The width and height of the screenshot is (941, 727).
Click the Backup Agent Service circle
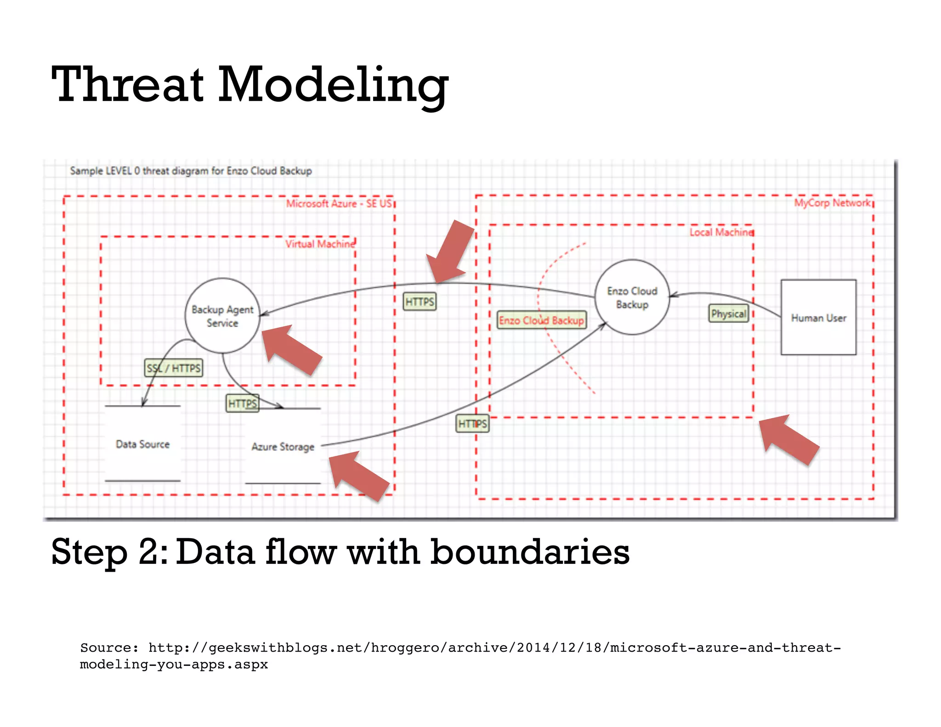[222, 316]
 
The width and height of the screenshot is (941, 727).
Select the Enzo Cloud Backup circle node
[632, 297]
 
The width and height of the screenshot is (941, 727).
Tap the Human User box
[818, 318]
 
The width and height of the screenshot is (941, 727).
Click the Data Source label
[142, 444]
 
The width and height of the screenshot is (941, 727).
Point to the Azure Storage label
[283, 447]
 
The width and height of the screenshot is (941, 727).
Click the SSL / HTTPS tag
[174, 368]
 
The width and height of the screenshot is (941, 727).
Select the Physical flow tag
[728, 314]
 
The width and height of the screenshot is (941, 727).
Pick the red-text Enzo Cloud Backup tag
[542, 320]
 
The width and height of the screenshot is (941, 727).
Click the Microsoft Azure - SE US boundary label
[339, 204]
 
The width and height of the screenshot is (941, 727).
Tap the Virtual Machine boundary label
[320, 244]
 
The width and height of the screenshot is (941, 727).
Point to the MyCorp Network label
[833, 203]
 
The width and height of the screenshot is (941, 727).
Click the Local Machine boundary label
[721, 233]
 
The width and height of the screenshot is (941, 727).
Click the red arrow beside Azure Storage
[358, 475]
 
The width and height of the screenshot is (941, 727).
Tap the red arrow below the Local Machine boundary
[788, 439]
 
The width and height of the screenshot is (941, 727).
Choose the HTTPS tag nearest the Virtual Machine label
[419, 302]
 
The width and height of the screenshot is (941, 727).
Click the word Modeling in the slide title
[333, 85]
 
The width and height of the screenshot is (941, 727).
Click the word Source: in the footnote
[109, 648]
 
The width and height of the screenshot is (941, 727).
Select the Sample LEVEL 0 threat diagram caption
[191, 171]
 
